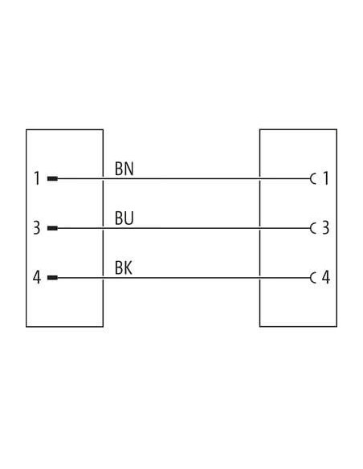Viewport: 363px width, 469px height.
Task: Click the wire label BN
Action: click(x=124, y=169)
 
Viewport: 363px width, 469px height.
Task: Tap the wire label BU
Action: click(x=124, y=218)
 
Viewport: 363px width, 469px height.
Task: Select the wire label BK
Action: click(x=124, y=267)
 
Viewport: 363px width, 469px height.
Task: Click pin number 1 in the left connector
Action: click(x=37, y=178)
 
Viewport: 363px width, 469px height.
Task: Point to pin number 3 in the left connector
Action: click(x=36, y=228)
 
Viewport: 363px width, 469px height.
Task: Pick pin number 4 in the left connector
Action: click(x=36, y=278)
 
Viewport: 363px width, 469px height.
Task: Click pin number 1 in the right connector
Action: click(x=326, y=178)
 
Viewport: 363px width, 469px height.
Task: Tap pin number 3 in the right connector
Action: click(x=325, y=228)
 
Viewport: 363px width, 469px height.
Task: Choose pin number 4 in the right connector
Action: click(x=325, y=278)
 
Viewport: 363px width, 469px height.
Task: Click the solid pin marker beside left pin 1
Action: click(x=52, y=179)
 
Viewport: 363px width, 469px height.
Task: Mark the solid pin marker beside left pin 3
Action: click(x=52, y=228)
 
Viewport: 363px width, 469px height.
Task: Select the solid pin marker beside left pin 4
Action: click(x=52, y=278)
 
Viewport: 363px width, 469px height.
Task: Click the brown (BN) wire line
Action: click(x=184, y=179)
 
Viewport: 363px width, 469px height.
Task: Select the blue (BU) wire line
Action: click(x=184, y=228)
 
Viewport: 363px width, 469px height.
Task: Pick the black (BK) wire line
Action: click(x=184, y=278)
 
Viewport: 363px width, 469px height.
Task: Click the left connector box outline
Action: click(x=27, y=228)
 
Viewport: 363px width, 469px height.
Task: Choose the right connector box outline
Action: click(x=337, y=228)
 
